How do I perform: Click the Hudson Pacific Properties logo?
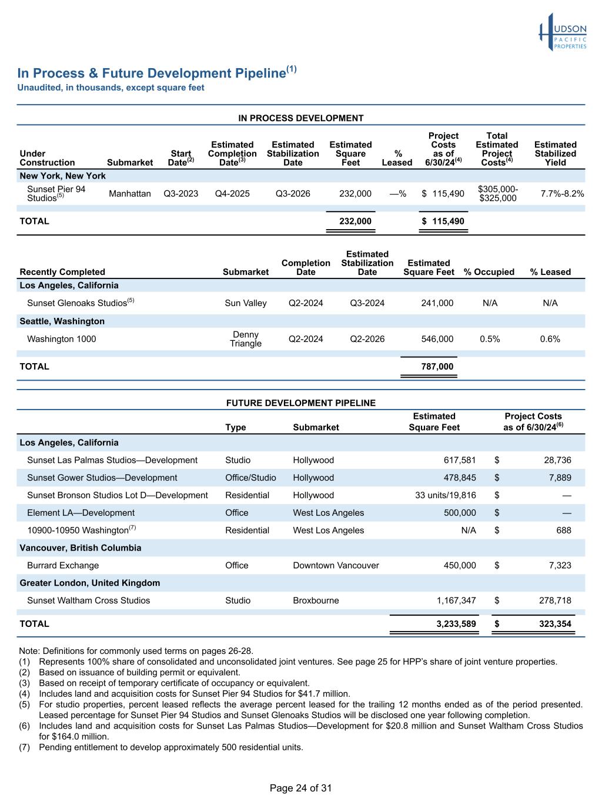(563, 32)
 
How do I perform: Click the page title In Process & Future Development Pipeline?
(151, 73)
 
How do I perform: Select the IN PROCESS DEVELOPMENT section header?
(300, 118)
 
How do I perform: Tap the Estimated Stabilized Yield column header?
(555, 153)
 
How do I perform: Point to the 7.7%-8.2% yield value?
(562, 193)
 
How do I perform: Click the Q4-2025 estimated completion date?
(232, 193)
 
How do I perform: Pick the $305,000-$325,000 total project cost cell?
(497, 193)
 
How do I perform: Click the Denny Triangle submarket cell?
(246, 339)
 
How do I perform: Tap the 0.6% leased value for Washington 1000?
(550, 339)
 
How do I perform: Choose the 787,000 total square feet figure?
(437, 367)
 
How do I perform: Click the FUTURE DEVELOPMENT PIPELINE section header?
(300, 403)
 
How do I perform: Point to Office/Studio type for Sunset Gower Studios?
(250, 478)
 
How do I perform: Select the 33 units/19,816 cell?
(446, 495)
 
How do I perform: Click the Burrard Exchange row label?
(63, 565)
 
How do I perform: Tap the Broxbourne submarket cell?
(316, 600)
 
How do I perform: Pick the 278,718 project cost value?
(555, 600)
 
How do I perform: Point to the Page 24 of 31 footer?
(300, 788)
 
